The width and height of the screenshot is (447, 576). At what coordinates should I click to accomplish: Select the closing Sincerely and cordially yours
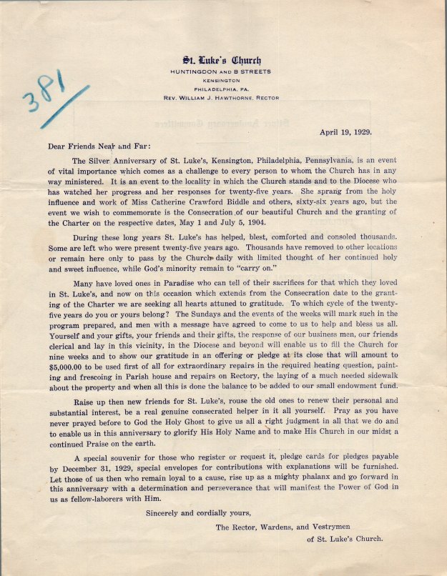(200, 512)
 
